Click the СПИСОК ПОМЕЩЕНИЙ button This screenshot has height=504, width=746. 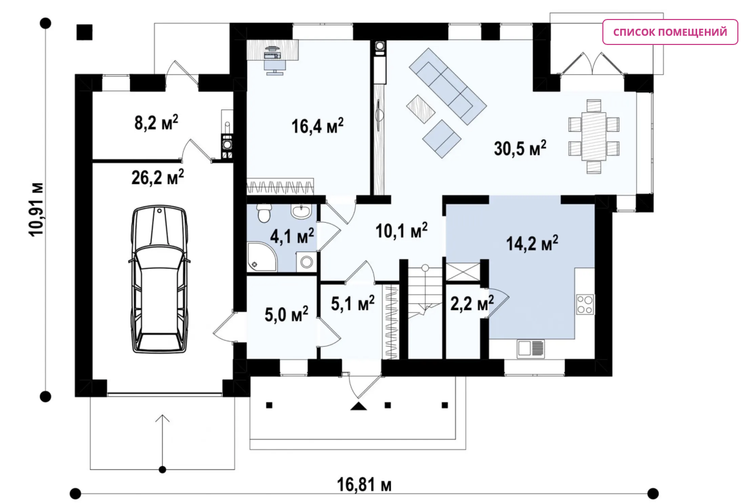pos(670,32)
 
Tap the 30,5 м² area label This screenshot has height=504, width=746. pos(520,148)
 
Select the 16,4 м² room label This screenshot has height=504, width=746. pos(317,126)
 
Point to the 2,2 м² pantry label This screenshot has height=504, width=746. pos(472,303)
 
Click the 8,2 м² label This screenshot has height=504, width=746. pos(156,122)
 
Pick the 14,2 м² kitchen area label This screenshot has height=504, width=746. pos(532,243)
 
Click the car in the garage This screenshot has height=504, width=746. pos(159,279)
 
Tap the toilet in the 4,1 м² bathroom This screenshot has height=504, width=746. pos(265,213)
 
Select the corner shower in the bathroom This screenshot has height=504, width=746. pos(262,257)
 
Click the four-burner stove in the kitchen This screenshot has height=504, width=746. pos(585,304)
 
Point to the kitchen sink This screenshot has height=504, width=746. pos(531,348)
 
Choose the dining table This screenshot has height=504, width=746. pos(594,137)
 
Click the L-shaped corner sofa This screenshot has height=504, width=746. pos(448,87)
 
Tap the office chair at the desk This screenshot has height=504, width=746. pos(275,66)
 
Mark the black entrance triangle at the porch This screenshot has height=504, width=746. pos(358,406)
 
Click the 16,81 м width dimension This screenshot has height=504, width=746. pos(364,484)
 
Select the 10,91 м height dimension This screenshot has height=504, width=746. pos(36,209)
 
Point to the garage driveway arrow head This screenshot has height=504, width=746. pos(162,418)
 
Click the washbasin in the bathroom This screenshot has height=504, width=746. pos(301,211)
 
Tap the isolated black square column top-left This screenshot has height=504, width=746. pos(85,33)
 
